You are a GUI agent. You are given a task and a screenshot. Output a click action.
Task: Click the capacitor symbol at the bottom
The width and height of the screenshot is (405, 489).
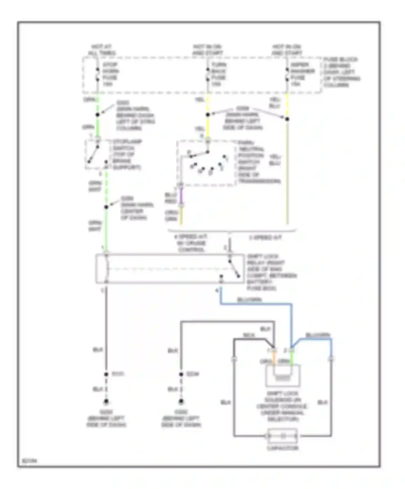pyautogui.click(x=282, y=436)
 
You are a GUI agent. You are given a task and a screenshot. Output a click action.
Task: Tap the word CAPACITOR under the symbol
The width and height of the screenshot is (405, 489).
pyautogui.click(x=282, y=448)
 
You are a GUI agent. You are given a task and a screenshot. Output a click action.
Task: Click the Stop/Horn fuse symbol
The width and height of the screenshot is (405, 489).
pyautogui.click(x=97, y=74)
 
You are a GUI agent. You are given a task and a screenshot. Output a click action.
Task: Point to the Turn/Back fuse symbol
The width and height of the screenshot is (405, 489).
pyautogui.click(x=208, y=74)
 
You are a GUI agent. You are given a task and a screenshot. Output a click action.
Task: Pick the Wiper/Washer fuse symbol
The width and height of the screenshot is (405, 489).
pyautogui.click(x=287, y=74)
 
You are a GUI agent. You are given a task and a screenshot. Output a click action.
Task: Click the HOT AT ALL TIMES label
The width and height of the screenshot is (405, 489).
pyautogui.click(x=102, y=50)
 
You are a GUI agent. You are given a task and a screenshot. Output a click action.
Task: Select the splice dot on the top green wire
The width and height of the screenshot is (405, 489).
pyautogui.click(x=98, y=115)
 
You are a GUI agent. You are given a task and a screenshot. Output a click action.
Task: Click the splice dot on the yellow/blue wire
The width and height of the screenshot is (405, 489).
pyautogui.click(x=287, y=119)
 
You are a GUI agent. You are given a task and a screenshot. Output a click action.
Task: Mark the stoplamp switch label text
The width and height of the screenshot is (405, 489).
pyautogui.click(x=127, y=154)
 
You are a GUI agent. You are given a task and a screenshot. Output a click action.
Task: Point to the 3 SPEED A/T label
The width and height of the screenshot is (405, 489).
pyautogui.click(x=265, y=238)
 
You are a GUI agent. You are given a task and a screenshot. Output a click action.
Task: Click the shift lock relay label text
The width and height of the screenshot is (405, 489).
pyautogui.click(x=271, y=272)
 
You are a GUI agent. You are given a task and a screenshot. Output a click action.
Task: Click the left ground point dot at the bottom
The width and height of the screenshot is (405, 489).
pyautogui.click(x=106, y=402)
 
